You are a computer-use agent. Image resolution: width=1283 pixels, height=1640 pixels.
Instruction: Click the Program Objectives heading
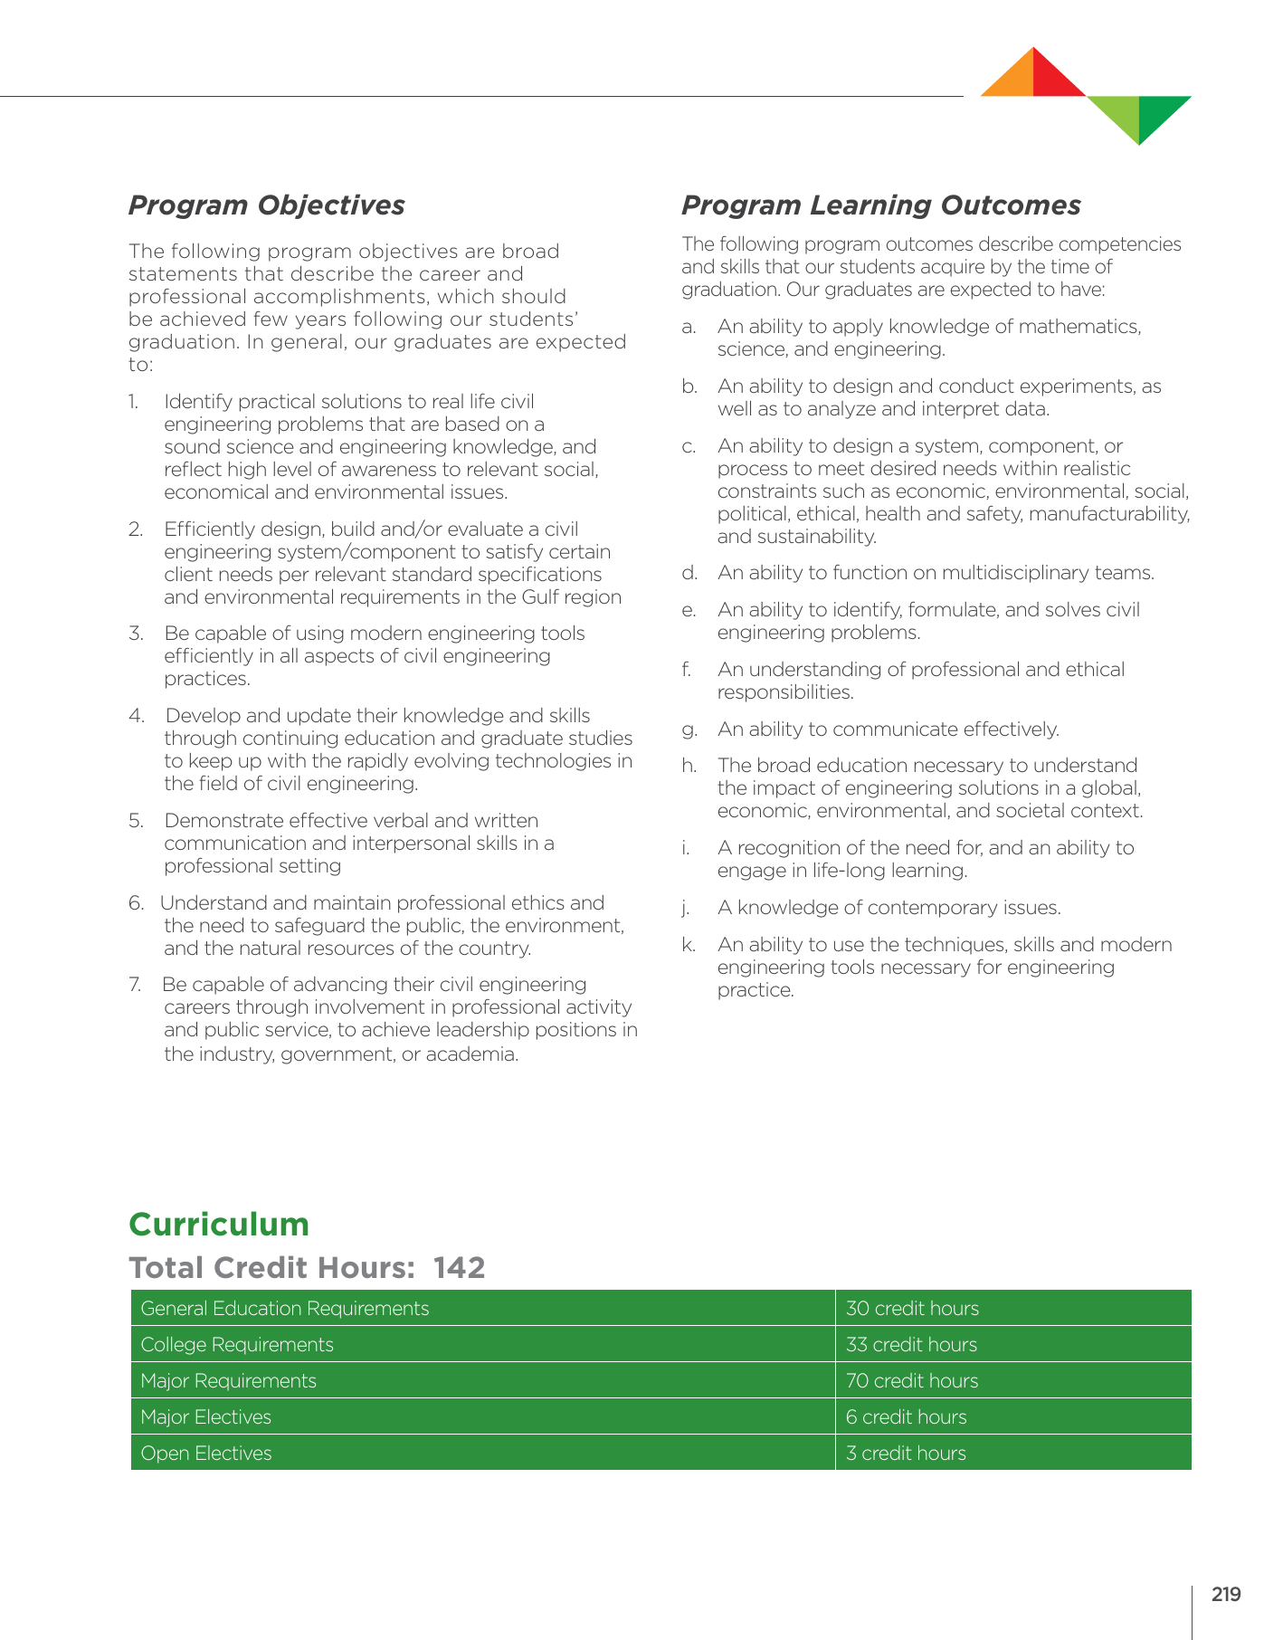pos(266,205)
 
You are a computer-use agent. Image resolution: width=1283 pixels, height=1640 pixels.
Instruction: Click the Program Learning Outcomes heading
pos(880,205)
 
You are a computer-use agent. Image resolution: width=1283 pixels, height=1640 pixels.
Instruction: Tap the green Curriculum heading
pos(219,1225)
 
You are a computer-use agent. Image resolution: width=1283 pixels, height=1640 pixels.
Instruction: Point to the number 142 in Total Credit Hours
pos(459,1268)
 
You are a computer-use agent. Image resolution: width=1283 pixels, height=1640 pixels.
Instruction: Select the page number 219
pos(1226,1595)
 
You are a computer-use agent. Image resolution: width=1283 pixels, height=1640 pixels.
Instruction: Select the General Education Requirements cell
pos(285,1309)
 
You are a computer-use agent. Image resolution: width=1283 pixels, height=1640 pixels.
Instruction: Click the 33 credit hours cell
pos(911,1345)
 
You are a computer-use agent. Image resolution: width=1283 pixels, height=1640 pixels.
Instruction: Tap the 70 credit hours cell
pos(912,1381)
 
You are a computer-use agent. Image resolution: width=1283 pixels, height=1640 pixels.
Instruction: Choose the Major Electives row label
pos(206,1417)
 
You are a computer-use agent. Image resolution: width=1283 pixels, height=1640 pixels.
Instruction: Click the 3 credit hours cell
pos(906,1454)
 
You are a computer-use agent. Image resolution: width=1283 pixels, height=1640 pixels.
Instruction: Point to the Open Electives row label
pos(206,1454)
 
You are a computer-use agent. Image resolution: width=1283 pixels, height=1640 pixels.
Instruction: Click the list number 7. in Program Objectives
pos(136,985)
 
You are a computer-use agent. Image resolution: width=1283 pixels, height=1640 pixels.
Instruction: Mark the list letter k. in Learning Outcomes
pos(689,945)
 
